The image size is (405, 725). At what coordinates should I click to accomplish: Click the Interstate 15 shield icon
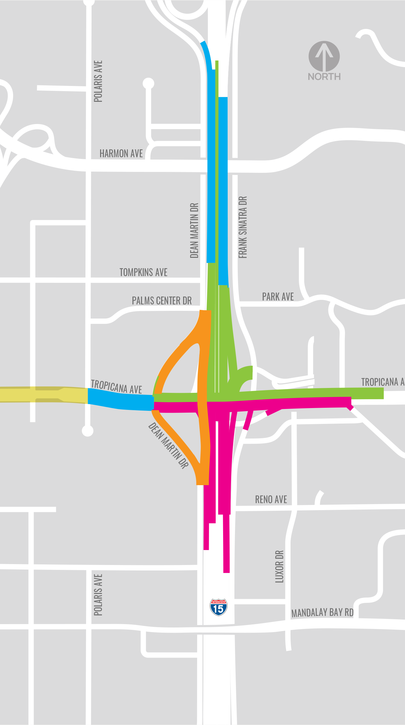219,607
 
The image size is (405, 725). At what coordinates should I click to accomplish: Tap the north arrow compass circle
324,56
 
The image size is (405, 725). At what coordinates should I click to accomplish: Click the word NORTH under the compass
324,76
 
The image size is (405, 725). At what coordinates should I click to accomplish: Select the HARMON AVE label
121,153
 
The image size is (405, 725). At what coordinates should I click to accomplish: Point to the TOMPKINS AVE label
143,272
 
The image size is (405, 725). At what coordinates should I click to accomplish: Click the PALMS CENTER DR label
162,300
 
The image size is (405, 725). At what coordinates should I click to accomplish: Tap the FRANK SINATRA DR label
243,227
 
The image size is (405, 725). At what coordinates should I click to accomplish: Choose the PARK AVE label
278,297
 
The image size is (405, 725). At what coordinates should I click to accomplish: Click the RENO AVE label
271,499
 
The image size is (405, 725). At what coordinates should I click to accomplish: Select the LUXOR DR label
280,567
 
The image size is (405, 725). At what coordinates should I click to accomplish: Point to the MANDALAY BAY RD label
322,613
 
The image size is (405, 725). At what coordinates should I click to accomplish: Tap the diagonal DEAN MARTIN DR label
168,445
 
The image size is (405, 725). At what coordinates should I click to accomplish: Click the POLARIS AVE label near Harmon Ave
98,81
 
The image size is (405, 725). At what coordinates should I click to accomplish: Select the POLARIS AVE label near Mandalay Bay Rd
98,595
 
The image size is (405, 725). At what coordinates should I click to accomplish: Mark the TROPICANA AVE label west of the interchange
117,387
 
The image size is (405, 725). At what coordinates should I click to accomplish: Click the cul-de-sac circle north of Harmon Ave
149,83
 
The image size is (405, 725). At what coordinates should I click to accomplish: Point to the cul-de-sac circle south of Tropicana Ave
88,431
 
